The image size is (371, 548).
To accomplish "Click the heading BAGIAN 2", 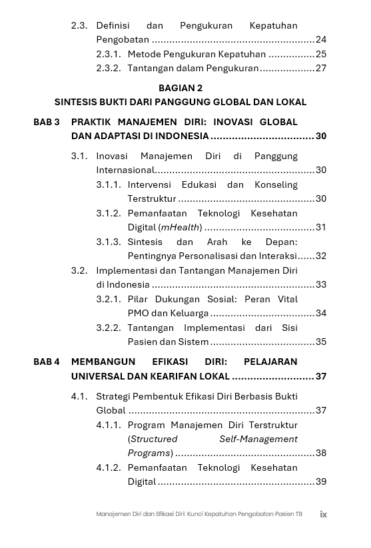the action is [x=181, y=88].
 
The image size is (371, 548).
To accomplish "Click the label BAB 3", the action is [x=47, y=122].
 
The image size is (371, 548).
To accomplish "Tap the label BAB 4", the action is [x=47, y=362].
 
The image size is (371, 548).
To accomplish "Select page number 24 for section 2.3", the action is [x=321, y=40].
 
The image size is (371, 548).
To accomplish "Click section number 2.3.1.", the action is [x=109, y=54].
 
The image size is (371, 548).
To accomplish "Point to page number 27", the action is [x=321, y=68].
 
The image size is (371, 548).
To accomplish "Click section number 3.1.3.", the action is [x=109, y=242].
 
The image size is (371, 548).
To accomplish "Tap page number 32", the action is [x=321, y=256].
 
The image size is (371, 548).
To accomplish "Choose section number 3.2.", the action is [x=79, y=270].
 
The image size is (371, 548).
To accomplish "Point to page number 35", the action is [x=321, y=342].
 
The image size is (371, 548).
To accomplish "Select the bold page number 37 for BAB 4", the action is [x=321, y=376].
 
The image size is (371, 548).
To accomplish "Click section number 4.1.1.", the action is [x=109, y=425].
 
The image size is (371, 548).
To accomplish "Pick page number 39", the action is [x=321, y=481].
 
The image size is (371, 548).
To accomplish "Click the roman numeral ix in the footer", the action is [x=323, y=514].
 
